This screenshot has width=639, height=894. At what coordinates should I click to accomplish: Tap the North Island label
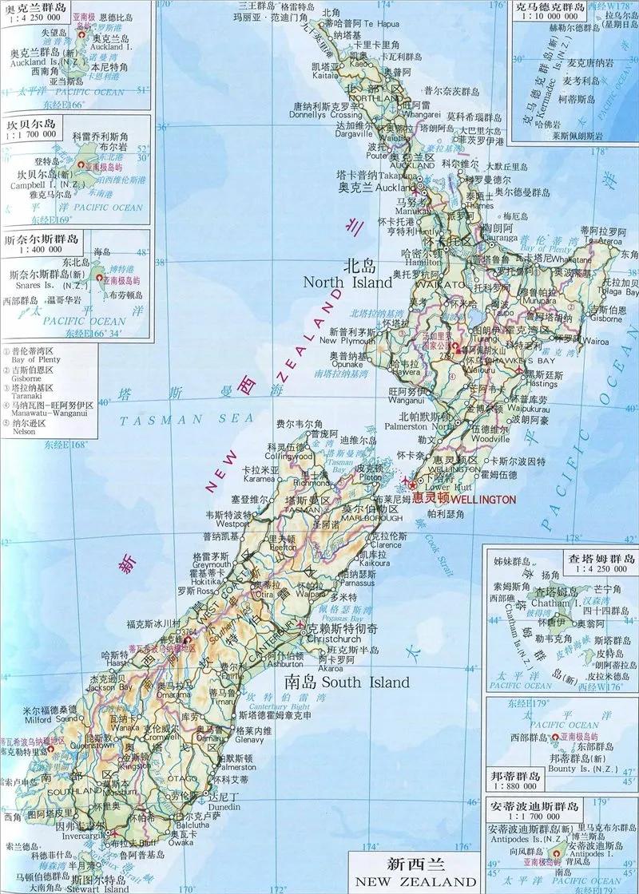click(348, 282)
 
